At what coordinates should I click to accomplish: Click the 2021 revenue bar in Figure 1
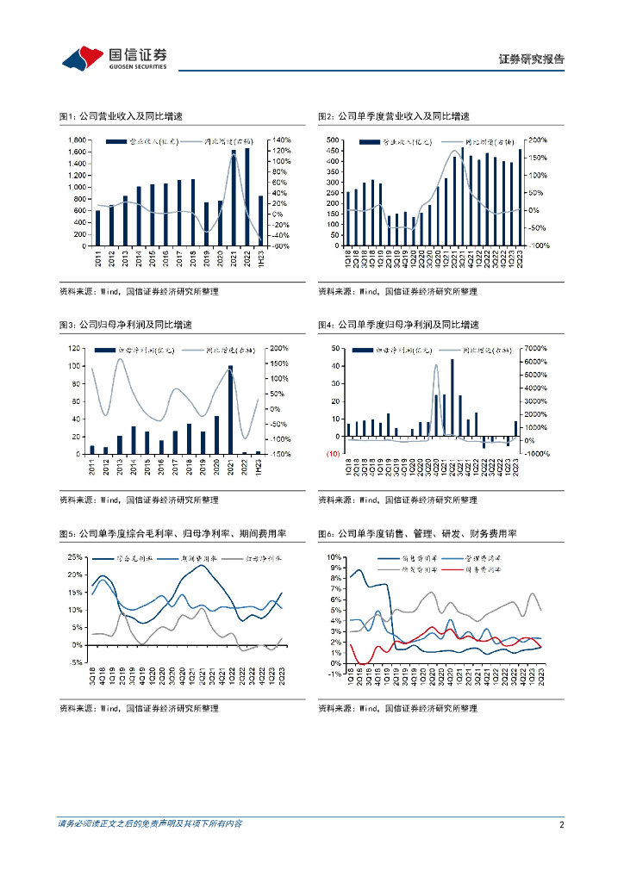point(234,197)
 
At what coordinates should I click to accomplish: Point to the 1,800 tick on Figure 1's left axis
point(75,140)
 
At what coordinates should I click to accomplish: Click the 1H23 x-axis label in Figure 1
point(261,258)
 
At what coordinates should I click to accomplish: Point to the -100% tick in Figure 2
point(539,245)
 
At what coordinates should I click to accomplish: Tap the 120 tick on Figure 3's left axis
point(76,349)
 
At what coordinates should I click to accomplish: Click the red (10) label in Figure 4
point(332,454)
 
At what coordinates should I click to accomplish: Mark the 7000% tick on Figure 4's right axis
point(536,349)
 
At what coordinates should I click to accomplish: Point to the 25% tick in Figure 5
point(75,557)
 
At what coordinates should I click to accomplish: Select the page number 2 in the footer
point(561,824)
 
